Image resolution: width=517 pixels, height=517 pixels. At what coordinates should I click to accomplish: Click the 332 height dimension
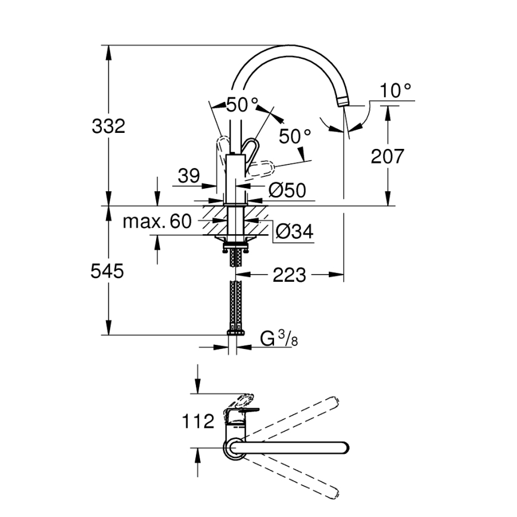click(109, 126)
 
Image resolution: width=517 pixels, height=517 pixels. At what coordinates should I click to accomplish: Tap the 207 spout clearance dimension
click(387, 157)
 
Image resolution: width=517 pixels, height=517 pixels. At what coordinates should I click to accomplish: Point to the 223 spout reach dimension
click(290, 275)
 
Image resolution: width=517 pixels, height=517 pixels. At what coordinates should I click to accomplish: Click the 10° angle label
click(396, 91)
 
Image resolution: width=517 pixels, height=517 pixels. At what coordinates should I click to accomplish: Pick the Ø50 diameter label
click(287, 190)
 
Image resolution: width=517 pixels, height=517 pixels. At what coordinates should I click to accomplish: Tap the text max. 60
click(157, 222)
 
